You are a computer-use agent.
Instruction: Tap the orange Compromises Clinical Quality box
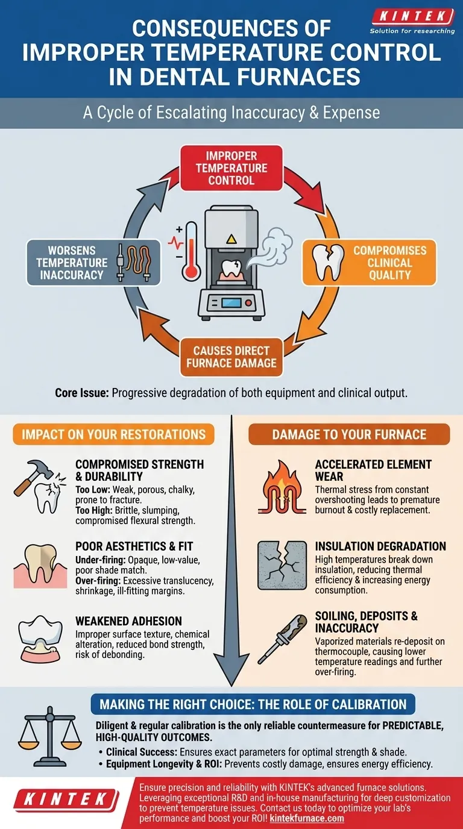point(368,263)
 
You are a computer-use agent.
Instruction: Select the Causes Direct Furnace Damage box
point(231,357)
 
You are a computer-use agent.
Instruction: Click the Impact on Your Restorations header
point(114,434)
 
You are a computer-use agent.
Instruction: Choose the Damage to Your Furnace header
point(349,434)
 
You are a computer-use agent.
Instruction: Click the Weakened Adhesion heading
point(128,621)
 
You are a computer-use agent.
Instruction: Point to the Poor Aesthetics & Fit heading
point(134,546)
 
